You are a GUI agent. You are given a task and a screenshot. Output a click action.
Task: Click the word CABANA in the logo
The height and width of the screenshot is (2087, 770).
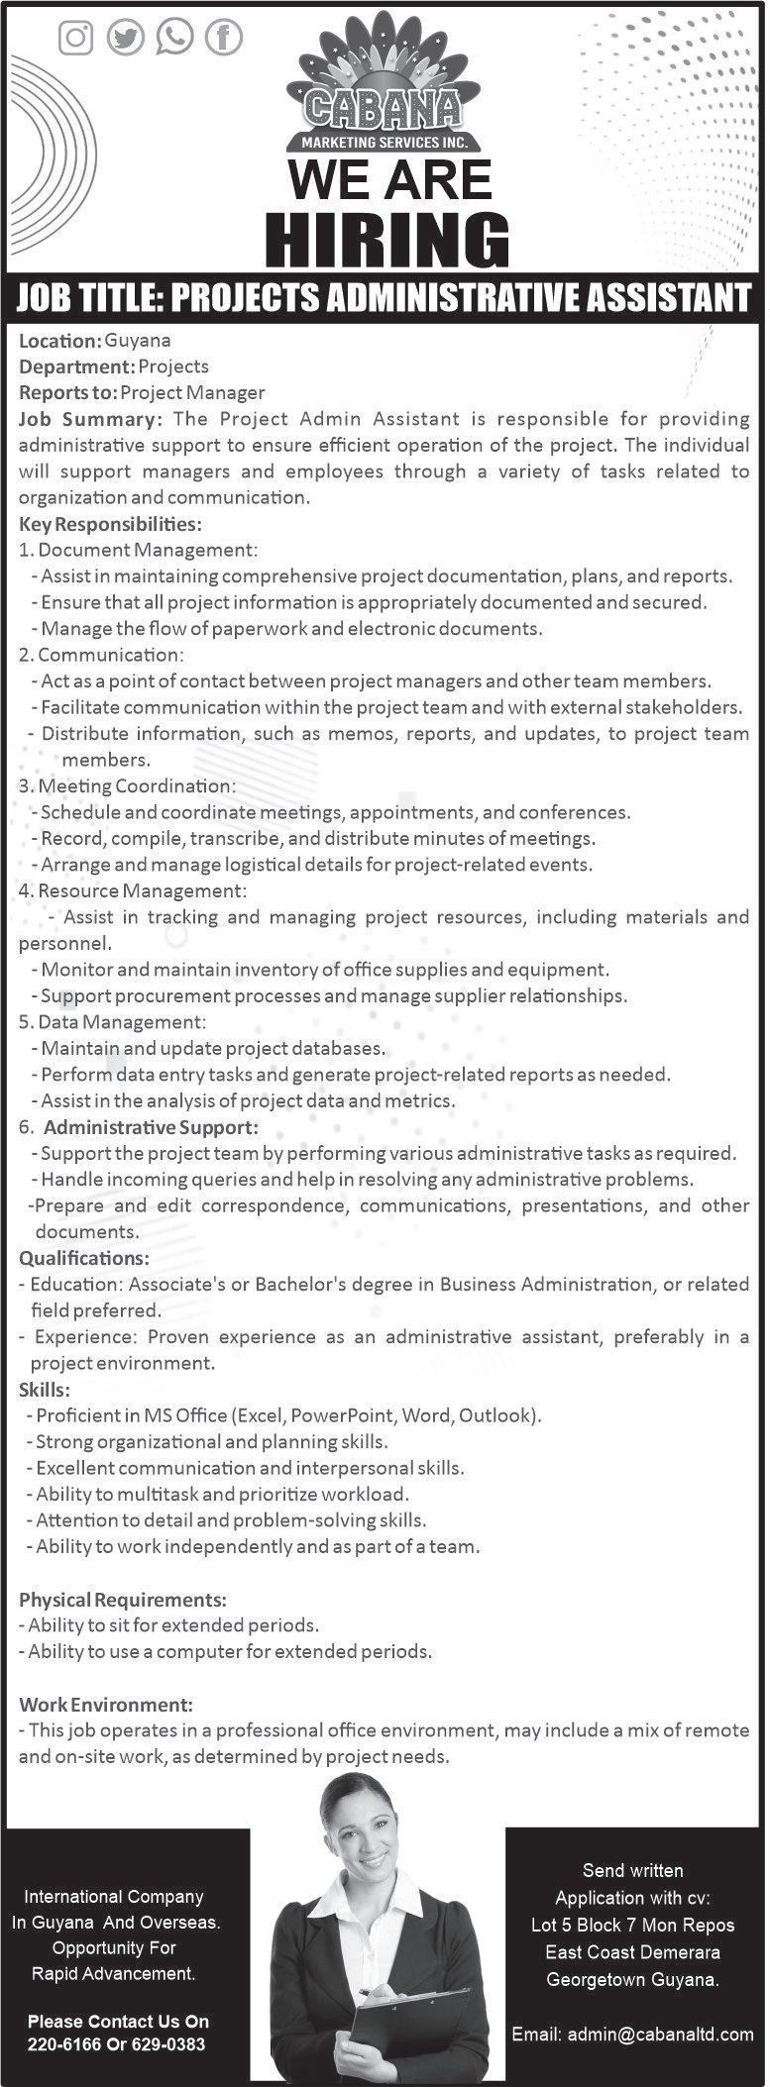tap(383, 109)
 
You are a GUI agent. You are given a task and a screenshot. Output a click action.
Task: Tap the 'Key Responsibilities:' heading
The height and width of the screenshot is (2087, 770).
tap(110, 523)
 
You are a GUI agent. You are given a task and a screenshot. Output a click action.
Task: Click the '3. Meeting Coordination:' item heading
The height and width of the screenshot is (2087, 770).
tap(127, 785)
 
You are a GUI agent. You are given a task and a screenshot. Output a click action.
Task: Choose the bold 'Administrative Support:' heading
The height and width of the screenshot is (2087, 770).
tap(151, 1127)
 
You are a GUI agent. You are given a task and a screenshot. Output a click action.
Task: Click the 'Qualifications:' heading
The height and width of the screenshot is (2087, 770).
tap(84, 1258)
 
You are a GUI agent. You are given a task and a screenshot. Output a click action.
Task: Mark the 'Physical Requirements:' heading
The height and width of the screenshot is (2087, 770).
tap(123, 1600)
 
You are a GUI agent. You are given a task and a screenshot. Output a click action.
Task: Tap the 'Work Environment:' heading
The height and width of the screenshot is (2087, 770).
tap(106, 1705)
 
